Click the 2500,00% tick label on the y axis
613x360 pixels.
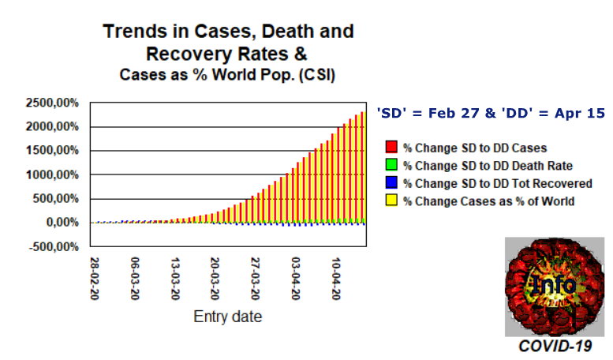(x=52, y=103)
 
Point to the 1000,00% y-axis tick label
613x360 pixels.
(x=52, y=175)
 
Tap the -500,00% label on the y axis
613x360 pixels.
(x=54, y=247)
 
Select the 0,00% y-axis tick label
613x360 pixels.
(x=62, y=223)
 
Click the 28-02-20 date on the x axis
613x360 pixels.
(x=94, y=278)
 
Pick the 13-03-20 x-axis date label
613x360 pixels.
(x=175, y=278)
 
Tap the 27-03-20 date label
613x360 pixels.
(x=256, y=278)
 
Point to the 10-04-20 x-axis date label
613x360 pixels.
(x=336, y=278)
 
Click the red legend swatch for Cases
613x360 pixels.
(x=391, y=147)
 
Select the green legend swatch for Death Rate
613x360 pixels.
(x=391, y=165)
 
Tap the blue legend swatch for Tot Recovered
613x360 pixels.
(x=391, y=182)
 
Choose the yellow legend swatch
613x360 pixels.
(x=391, y=200)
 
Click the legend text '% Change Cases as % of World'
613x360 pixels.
(x=488, y=201)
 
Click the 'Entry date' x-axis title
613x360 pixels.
(x=227, y=317)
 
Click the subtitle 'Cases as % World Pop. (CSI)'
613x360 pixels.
(x=227, y=75)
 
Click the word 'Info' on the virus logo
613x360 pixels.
(x=554, y=284)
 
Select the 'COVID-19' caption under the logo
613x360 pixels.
(x=555, y=347)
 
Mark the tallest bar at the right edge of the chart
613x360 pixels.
(x=363, y=167)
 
